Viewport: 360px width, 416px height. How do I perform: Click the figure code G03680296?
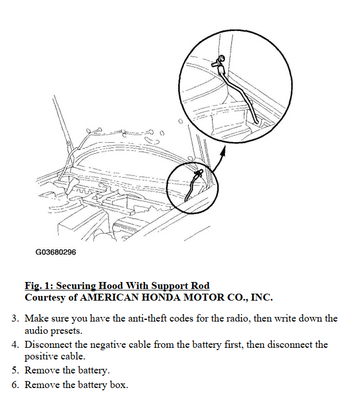coord(56,252)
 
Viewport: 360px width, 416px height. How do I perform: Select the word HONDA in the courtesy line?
coord(162,297)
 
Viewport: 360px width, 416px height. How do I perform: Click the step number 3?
coord(15,318)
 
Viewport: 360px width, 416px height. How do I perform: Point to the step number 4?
coord(15,344)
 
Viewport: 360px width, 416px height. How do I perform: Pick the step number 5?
coord(15,370)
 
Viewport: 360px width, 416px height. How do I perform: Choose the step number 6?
coord(15,385)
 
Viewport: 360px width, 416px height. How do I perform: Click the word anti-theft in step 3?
coord(148,318)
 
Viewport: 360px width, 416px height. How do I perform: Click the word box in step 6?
coord(119,385)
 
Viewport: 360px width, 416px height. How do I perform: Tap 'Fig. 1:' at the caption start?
coord(39,286)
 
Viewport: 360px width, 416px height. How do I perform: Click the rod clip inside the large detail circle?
coord(219,61)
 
